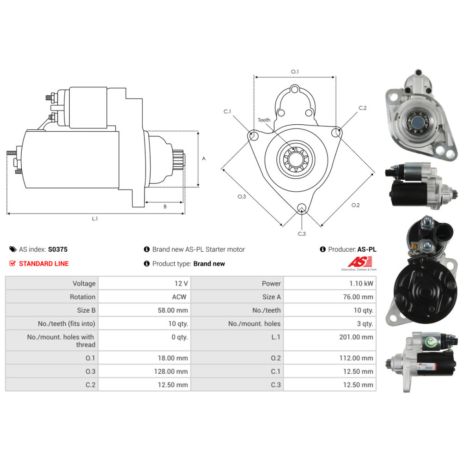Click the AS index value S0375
[x=58, y=249]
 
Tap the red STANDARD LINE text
[x=43, y=263]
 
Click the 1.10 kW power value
[x=363, y=283]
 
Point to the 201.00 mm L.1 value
[x=356, y=337]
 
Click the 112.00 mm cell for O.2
[x=356, y=358]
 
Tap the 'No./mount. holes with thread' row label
[x=61, y=341]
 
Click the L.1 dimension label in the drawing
[x=95, y=219]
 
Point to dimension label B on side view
[x=165, y=207]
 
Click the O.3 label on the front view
[x=241, y=196]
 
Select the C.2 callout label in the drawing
[x=363, y=108]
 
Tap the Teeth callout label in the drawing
[x=264, y=120]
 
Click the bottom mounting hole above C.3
[x=302, y=207]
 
